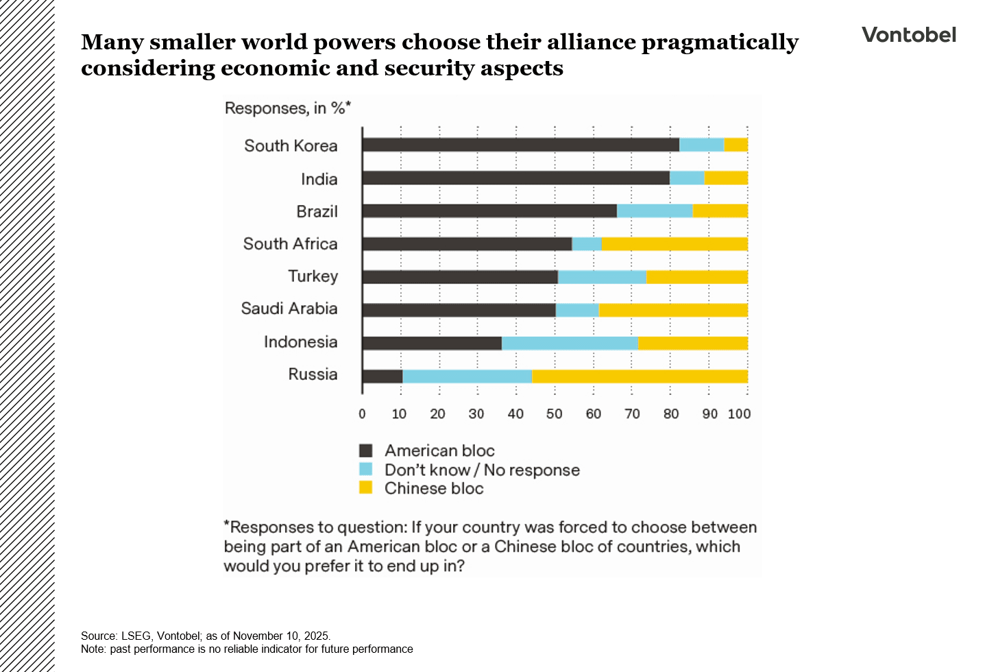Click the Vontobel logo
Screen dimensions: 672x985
908,35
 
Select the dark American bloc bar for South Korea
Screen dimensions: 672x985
520,145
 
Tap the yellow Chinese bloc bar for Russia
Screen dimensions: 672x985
639,376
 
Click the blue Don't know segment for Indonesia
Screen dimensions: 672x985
570,343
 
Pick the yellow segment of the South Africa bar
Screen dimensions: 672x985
674,243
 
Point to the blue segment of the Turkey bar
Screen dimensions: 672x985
602,277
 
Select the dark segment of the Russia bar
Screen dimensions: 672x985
382,376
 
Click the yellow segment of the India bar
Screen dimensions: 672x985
725,178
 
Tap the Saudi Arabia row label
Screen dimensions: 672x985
289,309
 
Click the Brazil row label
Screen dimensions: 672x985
317,211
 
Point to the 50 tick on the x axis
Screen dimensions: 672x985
554,413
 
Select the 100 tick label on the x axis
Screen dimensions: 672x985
739,413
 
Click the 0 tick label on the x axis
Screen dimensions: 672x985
362,413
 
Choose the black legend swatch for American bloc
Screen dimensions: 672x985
366,451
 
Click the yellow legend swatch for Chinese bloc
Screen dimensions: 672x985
366,488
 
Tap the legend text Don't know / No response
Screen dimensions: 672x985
482,470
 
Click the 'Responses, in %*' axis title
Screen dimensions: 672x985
287,108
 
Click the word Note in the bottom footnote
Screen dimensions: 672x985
93,649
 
